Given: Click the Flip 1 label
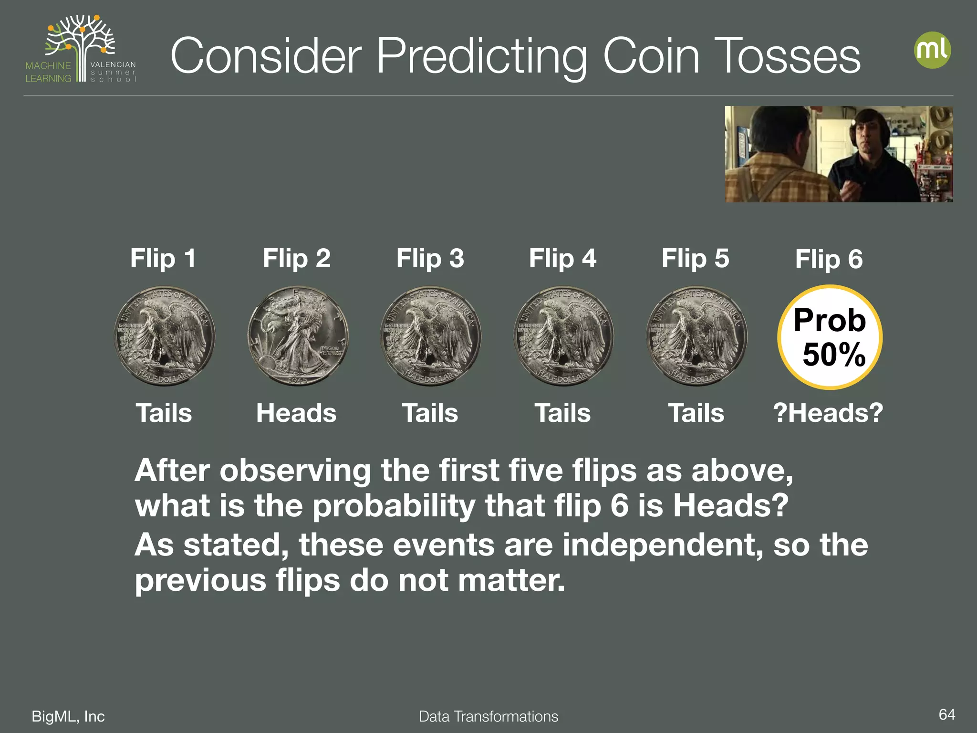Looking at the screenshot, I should [163, 259].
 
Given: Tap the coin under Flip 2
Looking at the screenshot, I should [298, 336].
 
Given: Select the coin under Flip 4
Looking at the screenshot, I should [563, 336].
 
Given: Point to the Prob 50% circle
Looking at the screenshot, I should [830, 337].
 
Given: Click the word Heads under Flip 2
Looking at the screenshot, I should [296, 413].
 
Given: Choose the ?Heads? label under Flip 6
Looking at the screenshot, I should [828, 413].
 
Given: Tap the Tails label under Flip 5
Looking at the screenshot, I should [696, 413].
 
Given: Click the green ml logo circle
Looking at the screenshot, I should [932, 50].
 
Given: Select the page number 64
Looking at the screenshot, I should [946, 714].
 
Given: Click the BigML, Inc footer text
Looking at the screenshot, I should [68, 716].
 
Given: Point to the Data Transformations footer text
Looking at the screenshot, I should [488, 716].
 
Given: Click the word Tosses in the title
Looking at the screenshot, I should [787, 56].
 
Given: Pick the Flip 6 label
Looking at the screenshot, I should [829, 259].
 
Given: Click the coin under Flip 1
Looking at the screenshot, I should [165, 336].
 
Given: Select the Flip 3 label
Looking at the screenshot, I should [430, 259].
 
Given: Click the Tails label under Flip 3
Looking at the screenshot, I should [430, 413].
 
